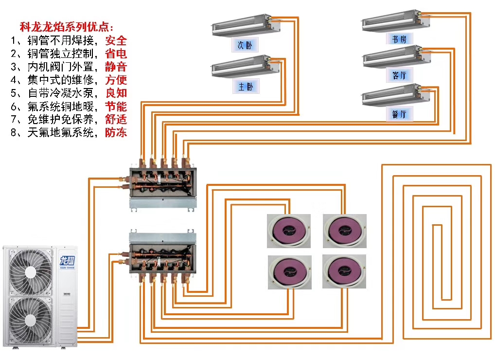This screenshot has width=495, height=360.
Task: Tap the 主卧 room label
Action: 246,87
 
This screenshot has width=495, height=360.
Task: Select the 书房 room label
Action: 400,39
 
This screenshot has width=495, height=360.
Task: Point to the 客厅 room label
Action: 400,75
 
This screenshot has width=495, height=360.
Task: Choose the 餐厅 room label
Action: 400,115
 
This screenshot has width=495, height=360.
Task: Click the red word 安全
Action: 116,40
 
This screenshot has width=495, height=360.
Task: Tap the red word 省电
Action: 116,54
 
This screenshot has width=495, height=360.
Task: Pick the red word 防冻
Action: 116,132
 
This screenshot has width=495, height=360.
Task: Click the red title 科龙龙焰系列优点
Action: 66,27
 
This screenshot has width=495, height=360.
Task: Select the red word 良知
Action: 116,93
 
